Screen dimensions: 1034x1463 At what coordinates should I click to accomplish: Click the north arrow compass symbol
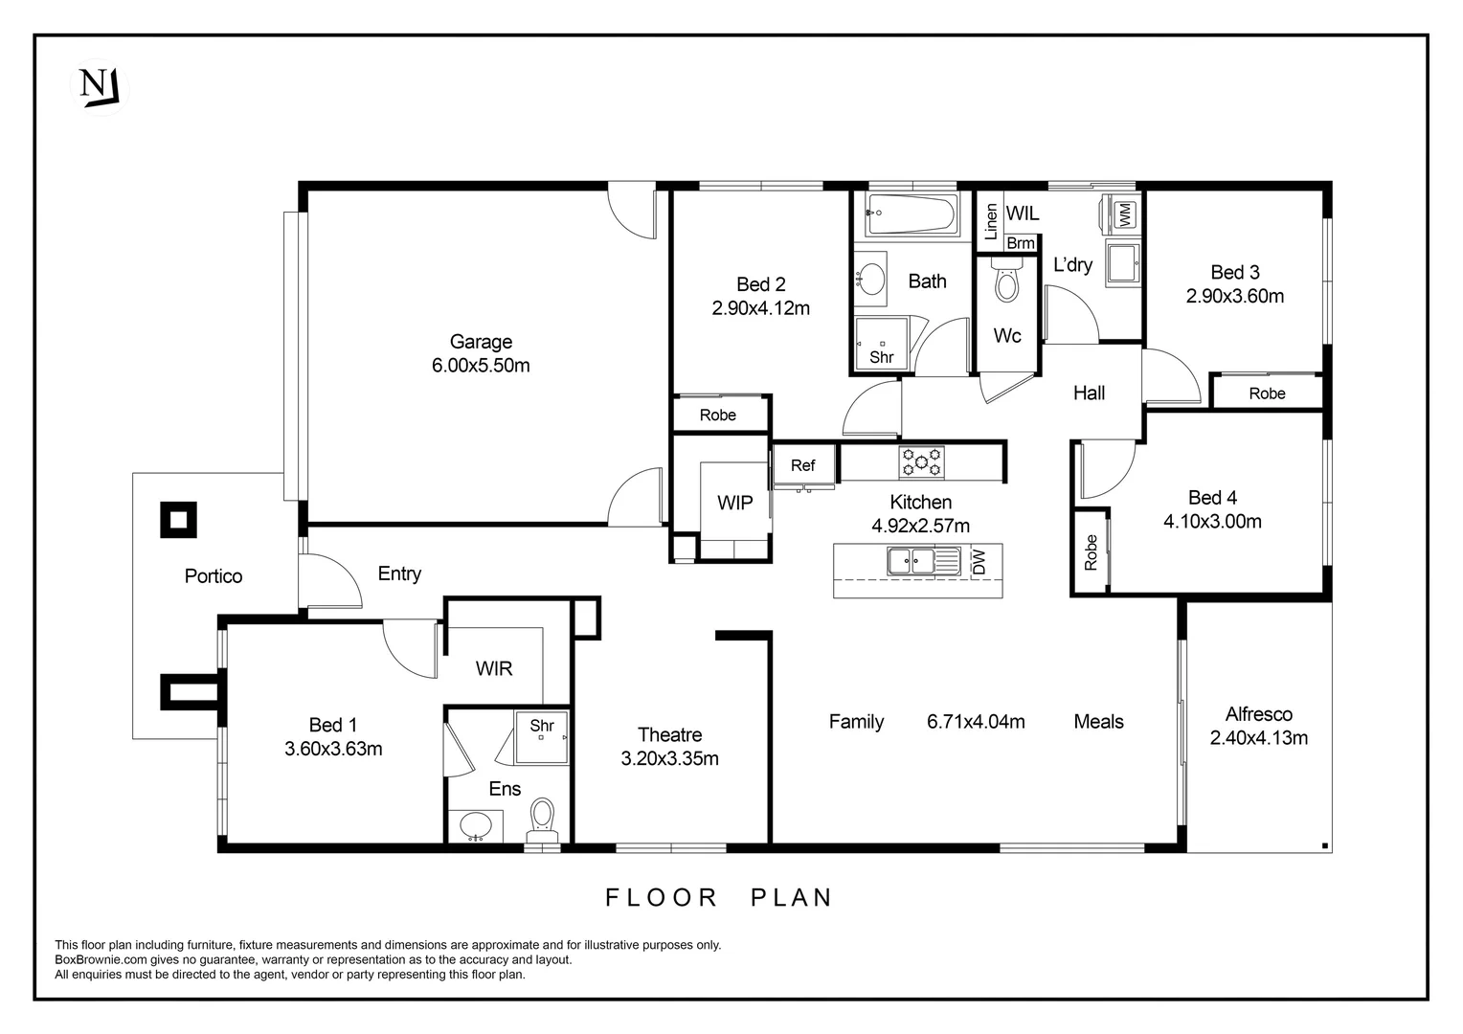[x=99, y=87]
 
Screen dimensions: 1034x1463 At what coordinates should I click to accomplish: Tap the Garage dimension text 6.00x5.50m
[x=481, y=366]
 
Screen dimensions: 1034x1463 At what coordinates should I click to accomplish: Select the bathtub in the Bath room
[x=911, y=214]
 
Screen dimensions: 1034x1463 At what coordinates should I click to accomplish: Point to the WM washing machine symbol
[x=1123, y=214]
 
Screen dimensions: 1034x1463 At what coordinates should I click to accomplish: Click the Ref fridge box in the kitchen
[x=802, y=465]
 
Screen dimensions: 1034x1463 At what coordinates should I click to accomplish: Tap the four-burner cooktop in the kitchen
[x=921, y=462]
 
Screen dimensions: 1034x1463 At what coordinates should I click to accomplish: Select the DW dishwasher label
[x=978, y=561]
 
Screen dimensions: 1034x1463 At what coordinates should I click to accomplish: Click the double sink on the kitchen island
[x=911, y=561]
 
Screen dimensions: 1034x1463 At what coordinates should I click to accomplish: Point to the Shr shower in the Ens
[x=542, y=736]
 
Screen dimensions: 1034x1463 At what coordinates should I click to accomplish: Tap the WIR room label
[x=494, y=668]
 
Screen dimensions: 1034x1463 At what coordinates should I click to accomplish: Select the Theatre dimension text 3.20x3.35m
[x=669, y=759]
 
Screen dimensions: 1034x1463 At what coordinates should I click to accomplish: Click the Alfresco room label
[x=1258, y=714]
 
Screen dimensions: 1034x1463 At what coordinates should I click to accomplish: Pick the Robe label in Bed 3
[x=1267, y=393]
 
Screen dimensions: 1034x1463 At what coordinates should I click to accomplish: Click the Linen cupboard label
[x=991, y=221]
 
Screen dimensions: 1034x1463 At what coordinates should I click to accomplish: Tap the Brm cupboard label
[x=1021, y=243]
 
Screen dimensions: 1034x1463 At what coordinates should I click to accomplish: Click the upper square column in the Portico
[x=178, y=520]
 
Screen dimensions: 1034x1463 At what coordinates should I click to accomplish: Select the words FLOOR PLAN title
[x=719, y=897]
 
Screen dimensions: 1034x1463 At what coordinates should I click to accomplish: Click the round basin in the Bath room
[x=872, y=279]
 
